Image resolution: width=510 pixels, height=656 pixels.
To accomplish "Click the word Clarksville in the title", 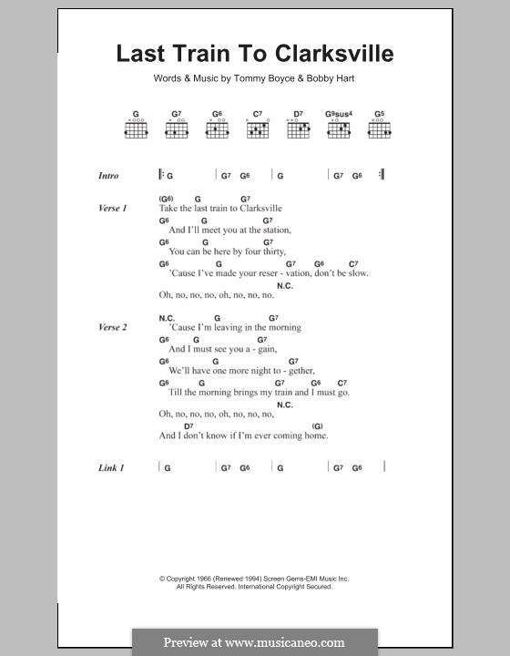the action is tap(336, 54).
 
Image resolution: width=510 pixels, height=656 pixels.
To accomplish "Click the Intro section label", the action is tap(108, 176).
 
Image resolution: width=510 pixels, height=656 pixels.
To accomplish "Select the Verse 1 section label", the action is tap(113, 209).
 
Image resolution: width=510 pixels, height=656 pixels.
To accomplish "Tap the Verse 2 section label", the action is tap(113, 327).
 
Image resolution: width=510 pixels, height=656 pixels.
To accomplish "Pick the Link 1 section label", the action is tap(111, 467).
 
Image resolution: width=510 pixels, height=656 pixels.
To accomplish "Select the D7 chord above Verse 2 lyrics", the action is tap(189, 425).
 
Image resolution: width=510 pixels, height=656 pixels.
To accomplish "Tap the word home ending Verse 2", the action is tap(315, 436).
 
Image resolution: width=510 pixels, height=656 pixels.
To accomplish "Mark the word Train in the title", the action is tap(200, 54).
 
